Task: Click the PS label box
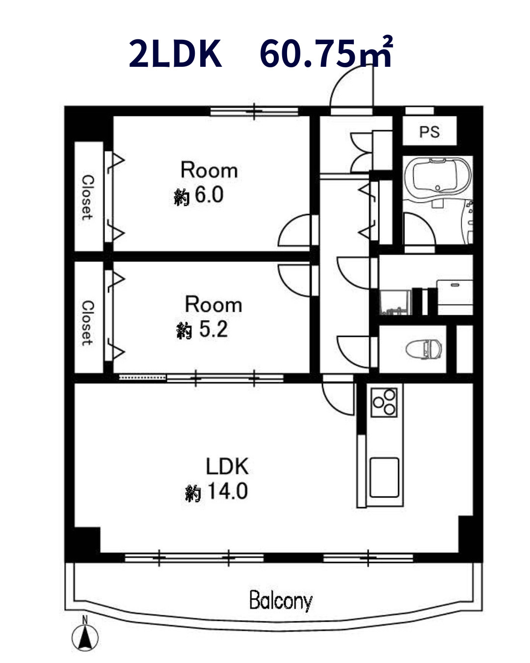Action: pos(429,131)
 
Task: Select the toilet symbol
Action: pos(424,349)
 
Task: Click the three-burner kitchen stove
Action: pos(384,402)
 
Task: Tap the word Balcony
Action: pos(281,601)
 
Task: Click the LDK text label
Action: pos(227,466)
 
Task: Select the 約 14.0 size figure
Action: pos(216,492)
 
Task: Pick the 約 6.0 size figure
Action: pos(198,195)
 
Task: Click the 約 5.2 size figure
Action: pos(202,330)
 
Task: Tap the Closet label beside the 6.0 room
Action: pos(87,197)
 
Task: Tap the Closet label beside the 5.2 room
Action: pos(87,323)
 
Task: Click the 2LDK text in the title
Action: pos(175,54)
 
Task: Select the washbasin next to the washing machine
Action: pos(454,292)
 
